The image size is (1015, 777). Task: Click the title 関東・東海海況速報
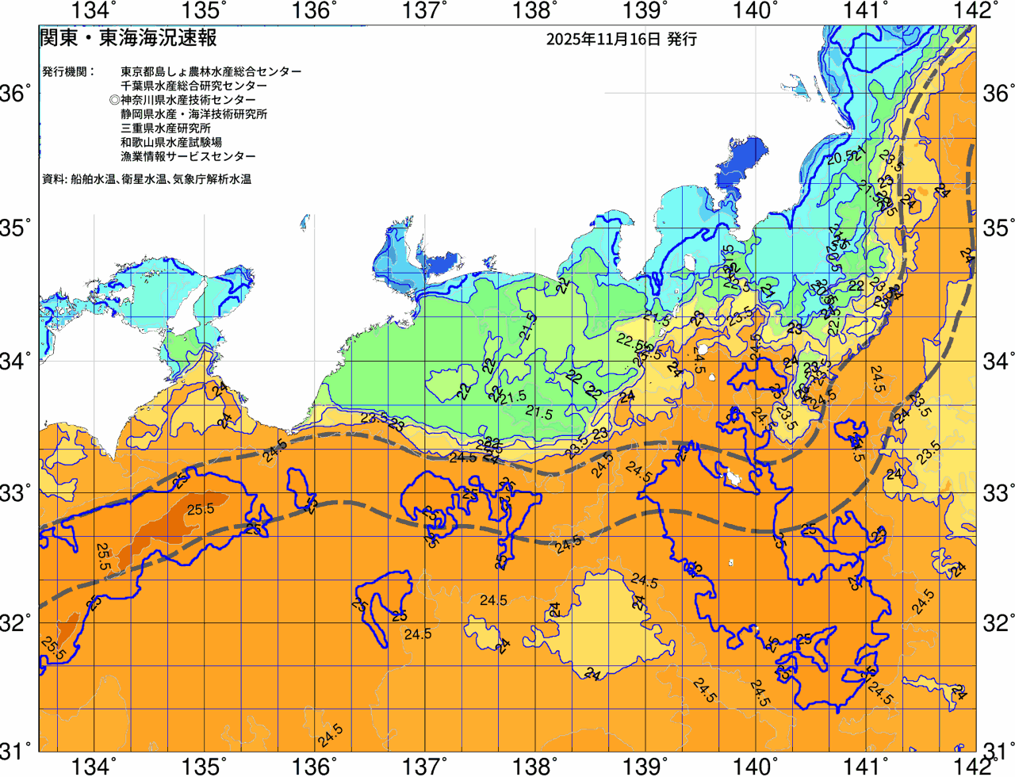[x=128, y=38]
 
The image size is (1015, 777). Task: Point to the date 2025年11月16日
[x=603, y=39]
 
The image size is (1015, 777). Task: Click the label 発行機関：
[x=68, y=71]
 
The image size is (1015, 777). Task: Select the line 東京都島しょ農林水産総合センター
[x=211, y=71]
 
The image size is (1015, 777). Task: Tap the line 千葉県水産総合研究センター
[x=193, y=86]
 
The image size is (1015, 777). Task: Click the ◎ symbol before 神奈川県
[x=114, y=100]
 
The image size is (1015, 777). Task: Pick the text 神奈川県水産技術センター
[x=188, y=100]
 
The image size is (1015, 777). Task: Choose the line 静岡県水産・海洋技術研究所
[x=193, y=114]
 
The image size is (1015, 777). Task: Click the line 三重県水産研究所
[x=166, y=128]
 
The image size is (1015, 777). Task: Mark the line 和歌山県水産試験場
[x=171, y=143]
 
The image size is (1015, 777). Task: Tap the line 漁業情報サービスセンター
[x=188, y=157]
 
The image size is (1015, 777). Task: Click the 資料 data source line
[x=147, y=179]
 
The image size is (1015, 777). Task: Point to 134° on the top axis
[x=94, y=11]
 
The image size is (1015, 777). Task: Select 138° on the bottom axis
[x=533, y=766]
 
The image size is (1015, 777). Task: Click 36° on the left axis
[x=16, y=94]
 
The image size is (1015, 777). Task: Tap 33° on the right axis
[x=998, y=492]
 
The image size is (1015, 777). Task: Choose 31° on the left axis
[x=16, y=749]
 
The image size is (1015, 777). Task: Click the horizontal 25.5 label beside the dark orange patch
[x=201, y=509]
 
